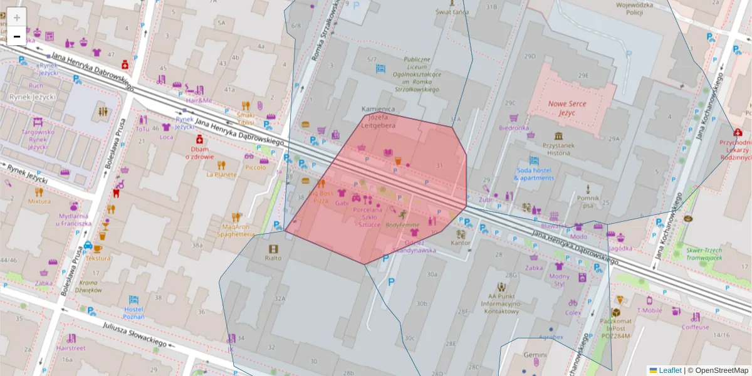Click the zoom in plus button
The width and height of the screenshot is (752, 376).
17,18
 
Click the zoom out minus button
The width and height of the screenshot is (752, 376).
17,37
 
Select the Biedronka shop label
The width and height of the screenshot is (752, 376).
514,128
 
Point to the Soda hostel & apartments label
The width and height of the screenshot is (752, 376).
534,174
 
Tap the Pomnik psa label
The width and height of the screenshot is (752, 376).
587,201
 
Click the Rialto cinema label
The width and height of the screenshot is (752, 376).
273,258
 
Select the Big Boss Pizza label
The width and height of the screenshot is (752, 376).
320,197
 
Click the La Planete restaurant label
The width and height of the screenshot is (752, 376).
221,174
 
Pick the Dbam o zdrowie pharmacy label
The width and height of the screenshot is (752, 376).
199,153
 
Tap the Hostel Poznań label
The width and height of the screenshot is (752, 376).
134,313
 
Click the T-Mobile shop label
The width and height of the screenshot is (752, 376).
650,310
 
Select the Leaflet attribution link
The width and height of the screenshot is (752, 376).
669,370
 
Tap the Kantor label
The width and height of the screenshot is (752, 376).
461,243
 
